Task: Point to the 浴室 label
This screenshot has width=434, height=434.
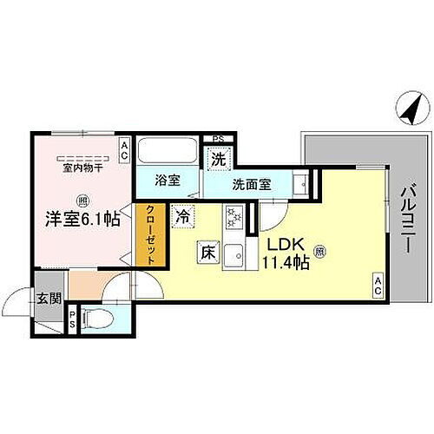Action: (168, 181)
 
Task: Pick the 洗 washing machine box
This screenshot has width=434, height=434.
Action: (218, 159)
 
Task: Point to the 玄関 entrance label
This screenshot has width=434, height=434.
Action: (49, 299)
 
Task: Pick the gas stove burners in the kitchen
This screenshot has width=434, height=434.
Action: (233, 216)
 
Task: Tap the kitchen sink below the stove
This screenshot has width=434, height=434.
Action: (233, 255)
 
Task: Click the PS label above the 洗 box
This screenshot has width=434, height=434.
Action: (218, 137)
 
